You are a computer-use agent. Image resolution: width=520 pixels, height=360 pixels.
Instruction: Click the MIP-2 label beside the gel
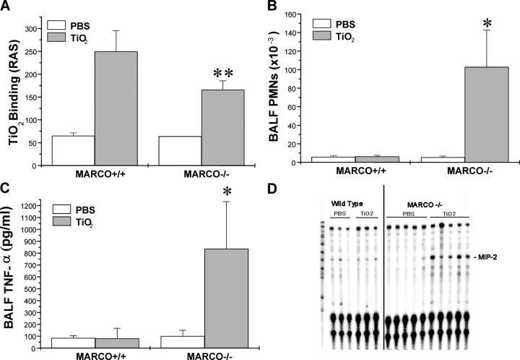(x=487, y=256)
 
